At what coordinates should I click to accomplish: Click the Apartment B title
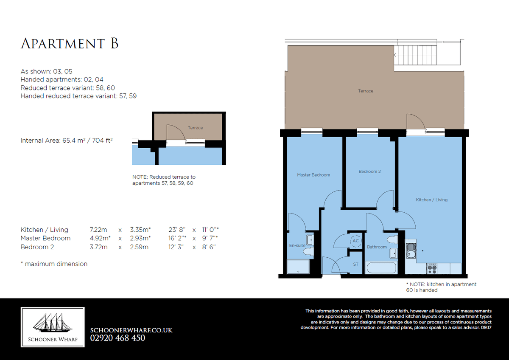(70, 43)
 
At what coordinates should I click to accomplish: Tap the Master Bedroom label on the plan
(313, 175)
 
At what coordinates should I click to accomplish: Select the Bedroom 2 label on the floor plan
(369, 172)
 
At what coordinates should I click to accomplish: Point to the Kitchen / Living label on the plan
(431, 200)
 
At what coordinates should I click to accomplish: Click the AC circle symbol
(355, 241)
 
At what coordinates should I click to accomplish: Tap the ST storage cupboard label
(355, 264)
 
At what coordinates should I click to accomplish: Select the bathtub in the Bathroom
(381, 268)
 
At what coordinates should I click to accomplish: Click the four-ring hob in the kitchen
(432, 269)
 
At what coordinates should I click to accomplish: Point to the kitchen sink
(411, 251)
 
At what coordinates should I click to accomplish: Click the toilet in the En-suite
(309, 252)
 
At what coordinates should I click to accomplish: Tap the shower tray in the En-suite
(298, 267)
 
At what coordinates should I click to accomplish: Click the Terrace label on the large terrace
(366, 91)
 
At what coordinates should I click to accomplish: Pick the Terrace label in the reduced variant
(195, 128)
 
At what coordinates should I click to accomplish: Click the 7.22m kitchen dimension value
(98, 230)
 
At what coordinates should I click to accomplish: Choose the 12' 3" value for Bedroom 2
(176, 247)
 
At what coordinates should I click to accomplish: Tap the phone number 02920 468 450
(117, 338)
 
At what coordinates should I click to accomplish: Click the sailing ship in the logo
(53, 323)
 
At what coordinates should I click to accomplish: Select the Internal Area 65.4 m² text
(67, 141)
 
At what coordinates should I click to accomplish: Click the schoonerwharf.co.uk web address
(131, 330)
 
